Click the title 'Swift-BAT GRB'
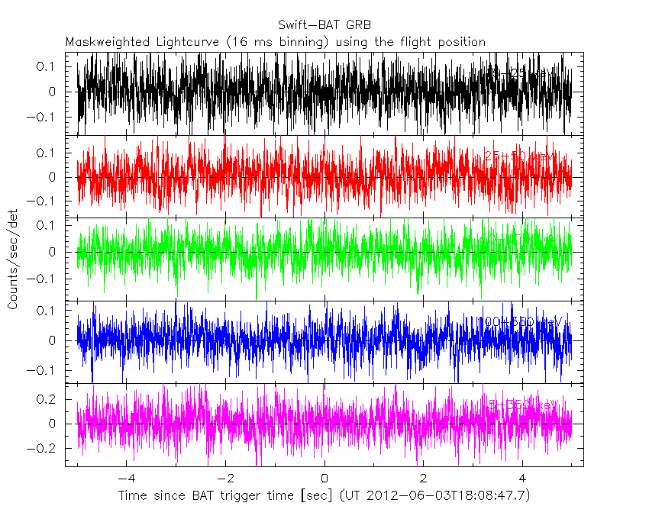(x=324, y=25)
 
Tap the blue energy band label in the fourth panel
(x=522, y=323)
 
